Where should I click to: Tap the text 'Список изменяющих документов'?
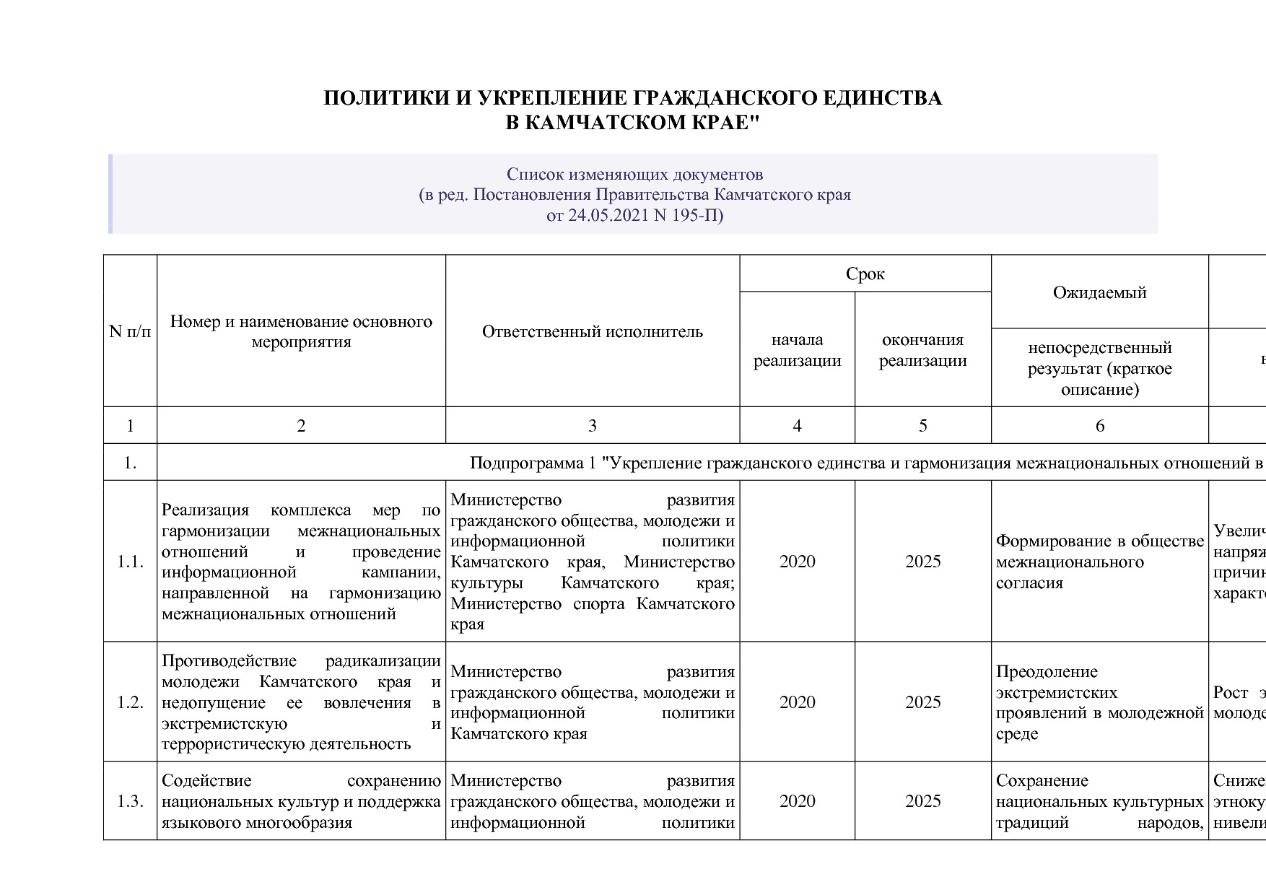(634, 174)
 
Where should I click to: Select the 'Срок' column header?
(865, 274)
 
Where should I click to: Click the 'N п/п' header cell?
(130, 331)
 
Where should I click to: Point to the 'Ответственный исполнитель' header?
(592, 331)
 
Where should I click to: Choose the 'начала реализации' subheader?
(797, 350)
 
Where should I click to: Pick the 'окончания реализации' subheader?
(922, 350)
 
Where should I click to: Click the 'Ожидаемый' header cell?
(1099, 292)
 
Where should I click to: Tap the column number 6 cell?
(1099, 426)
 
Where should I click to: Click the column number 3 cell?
(592, 426)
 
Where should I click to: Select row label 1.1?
(130, 562)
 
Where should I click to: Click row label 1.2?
(130, 702)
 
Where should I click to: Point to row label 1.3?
(130, 801)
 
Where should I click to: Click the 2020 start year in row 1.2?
(797, 702)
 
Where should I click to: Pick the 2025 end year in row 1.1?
(922, 562)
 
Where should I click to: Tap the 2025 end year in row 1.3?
(922, 801)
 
